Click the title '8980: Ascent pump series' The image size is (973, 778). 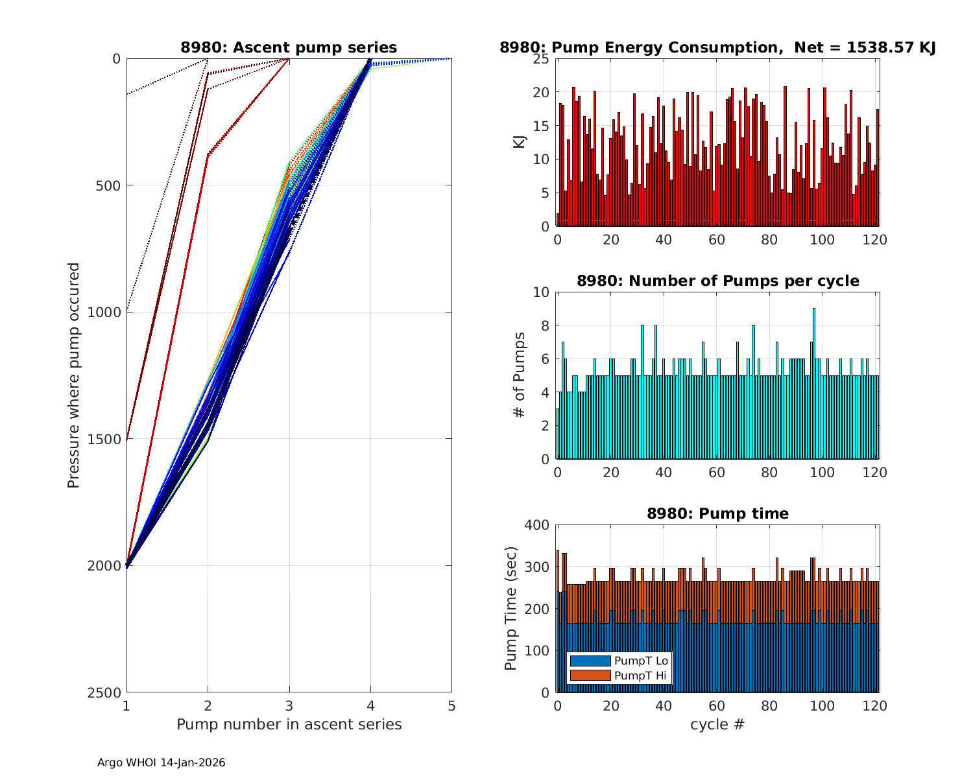289,47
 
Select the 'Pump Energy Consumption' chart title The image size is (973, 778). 717,47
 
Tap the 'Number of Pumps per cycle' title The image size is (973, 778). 717,281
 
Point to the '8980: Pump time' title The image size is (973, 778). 717,513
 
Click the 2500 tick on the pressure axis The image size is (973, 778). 107,692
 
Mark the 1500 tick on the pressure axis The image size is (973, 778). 107,439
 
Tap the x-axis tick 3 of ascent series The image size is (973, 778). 289,705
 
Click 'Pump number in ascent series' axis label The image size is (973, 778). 289,724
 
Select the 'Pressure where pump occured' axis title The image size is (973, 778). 73,375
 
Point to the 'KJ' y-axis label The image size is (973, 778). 520,142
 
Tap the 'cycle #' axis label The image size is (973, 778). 717,724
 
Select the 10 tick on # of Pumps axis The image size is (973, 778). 541,292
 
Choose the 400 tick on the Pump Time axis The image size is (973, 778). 536,525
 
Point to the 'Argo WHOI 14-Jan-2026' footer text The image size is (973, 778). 162,762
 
